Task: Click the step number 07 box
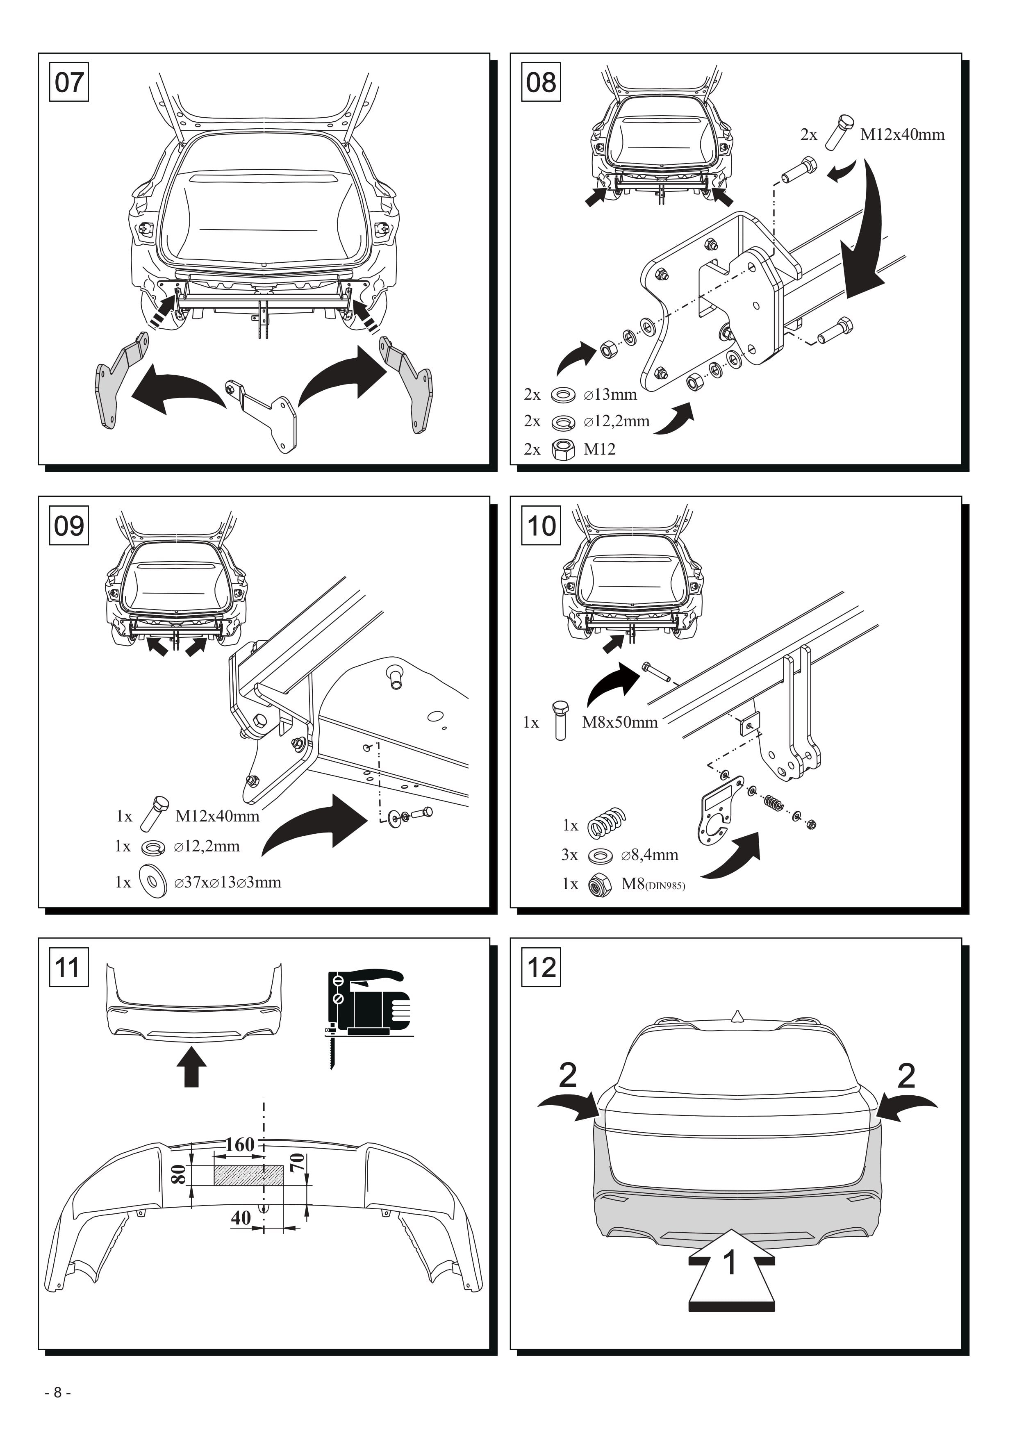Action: pyautogui.click(x=69, y=82)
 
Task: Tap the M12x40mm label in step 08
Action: pyautogui.click(x=902, y=134)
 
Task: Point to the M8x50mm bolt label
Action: pyautogui.click(x=620, y=722)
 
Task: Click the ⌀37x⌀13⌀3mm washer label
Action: pyautogui.click(x=228, y=883)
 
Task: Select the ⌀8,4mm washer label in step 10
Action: pyautogui.click(x=649, y=855)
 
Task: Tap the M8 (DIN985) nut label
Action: pyautogui.click(x=653, y=884)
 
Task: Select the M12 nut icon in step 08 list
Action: pyautogui.click(x=564, y=449)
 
